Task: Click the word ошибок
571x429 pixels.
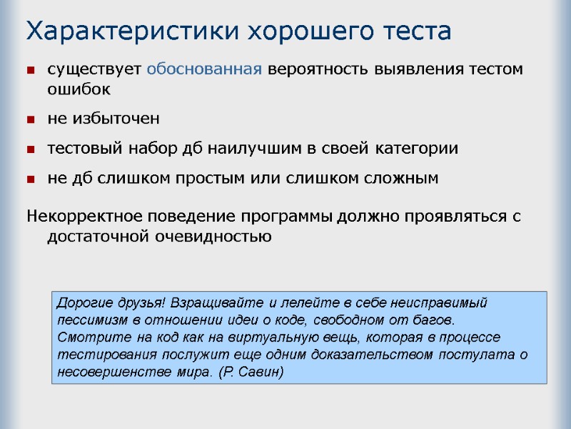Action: tap(79, 89)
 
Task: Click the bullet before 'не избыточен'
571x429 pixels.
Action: tap(31, 119)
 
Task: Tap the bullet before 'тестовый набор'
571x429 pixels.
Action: tap(31, 149)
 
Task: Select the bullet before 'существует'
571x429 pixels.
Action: tap(31, 70)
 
